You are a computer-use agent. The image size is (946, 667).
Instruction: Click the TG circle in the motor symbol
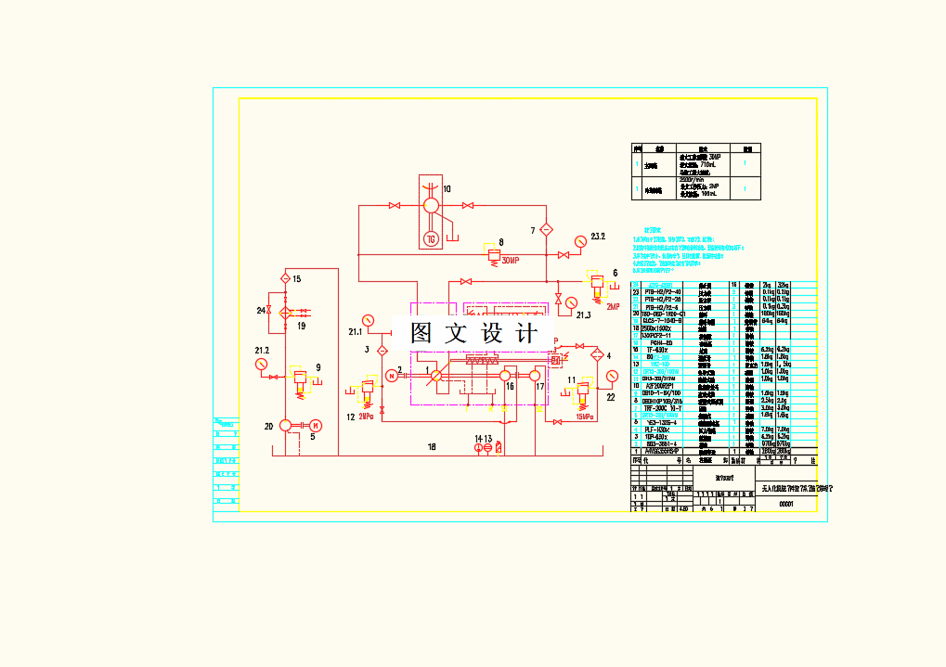pos(431,239)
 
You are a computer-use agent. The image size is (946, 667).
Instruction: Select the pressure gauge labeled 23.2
pos(580,240)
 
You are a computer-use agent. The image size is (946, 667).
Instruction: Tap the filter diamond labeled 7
pos(547,228)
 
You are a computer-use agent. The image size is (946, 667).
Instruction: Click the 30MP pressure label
pos(511,262)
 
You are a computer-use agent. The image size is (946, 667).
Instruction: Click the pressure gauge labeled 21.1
pos(369,320)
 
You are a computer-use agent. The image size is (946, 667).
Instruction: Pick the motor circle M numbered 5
pos(316,426)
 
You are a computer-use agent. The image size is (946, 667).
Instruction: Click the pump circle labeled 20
pos(286,426)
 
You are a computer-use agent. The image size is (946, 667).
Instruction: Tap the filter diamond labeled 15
pos(285,278)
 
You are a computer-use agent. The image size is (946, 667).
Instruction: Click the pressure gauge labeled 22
pos(611,376)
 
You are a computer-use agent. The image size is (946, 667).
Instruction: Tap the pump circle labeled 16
pos(506,376)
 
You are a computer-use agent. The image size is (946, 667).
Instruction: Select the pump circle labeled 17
pos(536,376)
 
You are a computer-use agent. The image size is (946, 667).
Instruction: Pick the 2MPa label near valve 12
pos(367,417)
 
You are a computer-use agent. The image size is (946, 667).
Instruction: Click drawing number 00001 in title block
pos(785,503)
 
